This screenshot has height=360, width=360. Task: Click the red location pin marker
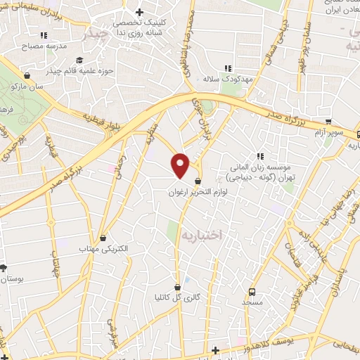[x=181, y=166]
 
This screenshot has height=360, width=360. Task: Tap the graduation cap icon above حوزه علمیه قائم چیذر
[x=79, y=60]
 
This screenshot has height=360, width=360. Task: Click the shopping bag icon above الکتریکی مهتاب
[x=104, y=238]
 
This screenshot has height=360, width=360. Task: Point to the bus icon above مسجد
[x=252, y=290]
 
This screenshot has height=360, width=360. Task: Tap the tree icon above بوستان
[x=4, y=268]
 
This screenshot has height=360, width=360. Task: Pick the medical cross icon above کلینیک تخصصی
[x=139, y=13]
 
